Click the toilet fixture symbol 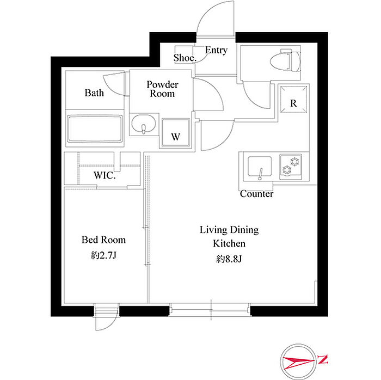tap(285, 60)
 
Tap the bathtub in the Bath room tap(95, 129)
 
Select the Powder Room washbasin tap(143, 124)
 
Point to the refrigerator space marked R tap(293, 99)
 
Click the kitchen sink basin tap(260, 167)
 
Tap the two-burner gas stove tap(291, 167)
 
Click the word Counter tap(256, 194)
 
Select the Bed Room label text tap(104, 240)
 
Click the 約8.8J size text tap(229, 259)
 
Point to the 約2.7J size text tap(104, 255)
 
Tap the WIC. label tap(105, 175)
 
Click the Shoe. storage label tap(185, 58)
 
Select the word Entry tap(216, 50)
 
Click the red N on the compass tap(323, 359)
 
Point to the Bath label tap(94, 93)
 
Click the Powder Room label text tap(162, 89)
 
